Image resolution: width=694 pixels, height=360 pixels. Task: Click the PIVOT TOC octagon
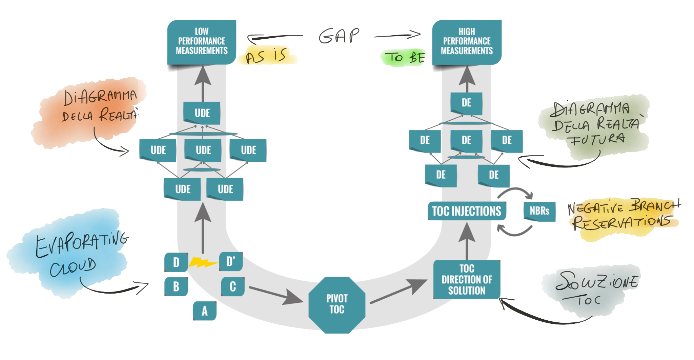click(x=337, y=304)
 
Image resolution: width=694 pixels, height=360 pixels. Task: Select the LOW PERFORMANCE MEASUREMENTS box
click(x=202, y=42)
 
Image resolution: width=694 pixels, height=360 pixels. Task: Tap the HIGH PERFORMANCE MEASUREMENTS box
click(x=467, y=42)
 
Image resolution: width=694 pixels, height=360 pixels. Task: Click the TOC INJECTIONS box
click(x=466, y=211)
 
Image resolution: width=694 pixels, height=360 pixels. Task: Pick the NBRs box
click(x=539, y=211)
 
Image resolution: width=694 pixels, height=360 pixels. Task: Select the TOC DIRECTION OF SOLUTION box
click(x=467, y=280)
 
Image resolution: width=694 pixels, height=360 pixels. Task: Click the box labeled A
click(x=204, y=311)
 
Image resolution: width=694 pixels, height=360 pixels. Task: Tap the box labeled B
click(x=176, y=286)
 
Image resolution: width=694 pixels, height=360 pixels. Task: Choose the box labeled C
click(x=232, y=286)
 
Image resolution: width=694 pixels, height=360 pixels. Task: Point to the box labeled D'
click(x=231, y=261)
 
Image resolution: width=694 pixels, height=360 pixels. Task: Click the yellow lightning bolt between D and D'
click(x=203, y=262)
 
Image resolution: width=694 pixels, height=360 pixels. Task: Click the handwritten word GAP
click(x=339, y=36)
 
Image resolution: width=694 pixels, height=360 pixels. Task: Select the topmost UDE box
click(x=202, y=113)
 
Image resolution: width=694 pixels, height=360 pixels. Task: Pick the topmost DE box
click(x=466, y=103)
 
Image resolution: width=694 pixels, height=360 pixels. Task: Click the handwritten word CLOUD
click(x=73, y=268)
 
